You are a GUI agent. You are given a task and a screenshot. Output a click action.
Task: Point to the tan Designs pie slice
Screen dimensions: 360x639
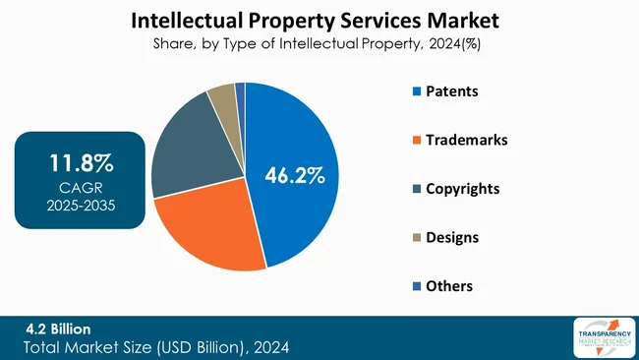(222, 98)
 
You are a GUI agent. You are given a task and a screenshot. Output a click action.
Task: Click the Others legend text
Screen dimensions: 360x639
(448, 285)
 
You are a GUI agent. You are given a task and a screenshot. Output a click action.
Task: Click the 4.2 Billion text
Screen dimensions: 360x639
(58, 329)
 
